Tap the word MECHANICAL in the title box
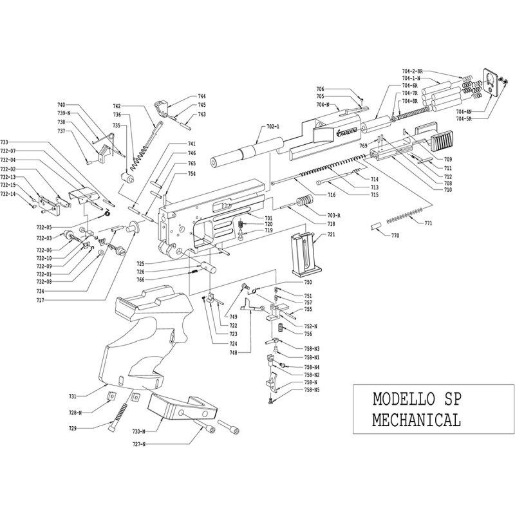click(417, 420)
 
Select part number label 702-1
click(272, 127)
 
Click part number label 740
click(62, 105)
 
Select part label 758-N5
click(312, 390)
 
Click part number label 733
click(5, 142)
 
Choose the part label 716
click(332, 194)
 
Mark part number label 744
click(201, 96)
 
